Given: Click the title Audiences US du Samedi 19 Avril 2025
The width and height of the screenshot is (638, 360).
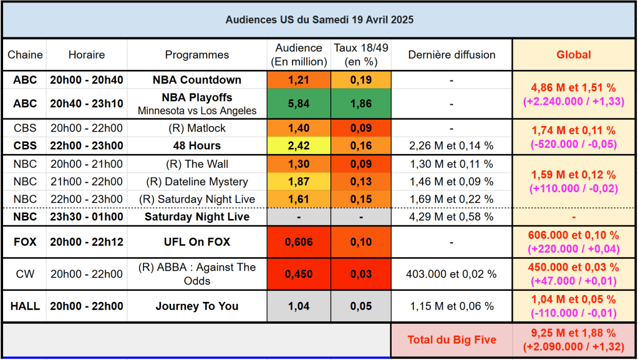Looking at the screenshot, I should point(319,20).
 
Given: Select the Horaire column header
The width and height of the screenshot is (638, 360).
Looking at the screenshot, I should point(87,55).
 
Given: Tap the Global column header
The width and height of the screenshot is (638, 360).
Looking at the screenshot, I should point(574,55).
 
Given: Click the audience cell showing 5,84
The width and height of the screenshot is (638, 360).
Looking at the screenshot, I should point(299,104).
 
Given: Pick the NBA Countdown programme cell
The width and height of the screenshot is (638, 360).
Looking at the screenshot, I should point(197,80).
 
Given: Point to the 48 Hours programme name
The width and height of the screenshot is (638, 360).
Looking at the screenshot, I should point(197,146).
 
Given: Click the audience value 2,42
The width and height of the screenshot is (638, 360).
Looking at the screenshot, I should point(299,146).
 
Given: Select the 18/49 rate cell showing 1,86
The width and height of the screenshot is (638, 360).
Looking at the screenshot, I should point(362,104).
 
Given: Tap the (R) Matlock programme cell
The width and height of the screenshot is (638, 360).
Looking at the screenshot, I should point(197,129).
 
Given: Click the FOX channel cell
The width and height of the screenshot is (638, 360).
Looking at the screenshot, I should point(25,242).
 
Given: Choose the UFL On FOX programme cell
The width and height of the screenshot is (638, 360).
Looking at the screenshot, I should point(197,242).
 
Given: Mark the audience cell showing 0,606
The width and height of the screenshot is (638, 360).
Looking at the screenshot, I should point(299,242).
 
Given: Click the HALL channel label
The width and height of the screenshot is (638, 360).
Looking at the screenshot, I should point(25,306).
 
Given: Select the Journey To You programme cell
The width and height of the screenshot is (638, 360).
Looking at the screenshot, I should point(197,306).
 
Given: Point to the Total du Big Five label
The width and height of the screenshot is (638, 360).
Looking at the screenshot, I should point(452,340).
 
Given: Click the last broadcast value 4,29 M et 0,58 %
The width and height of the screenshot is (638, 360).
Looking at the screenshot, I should point(451,217).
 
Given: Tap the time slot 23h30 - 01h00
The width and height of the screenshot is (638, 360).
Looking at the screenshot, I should point(87,217).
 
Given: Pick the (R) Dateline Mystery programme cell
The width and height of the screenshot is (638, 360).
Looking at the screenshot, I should point(197,182).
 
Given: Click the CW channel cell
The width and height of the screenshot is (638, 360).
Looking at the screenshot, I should point(25,274).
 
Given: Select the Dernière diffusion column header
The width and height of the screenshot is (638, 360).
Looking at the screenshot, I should point(451,55).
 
